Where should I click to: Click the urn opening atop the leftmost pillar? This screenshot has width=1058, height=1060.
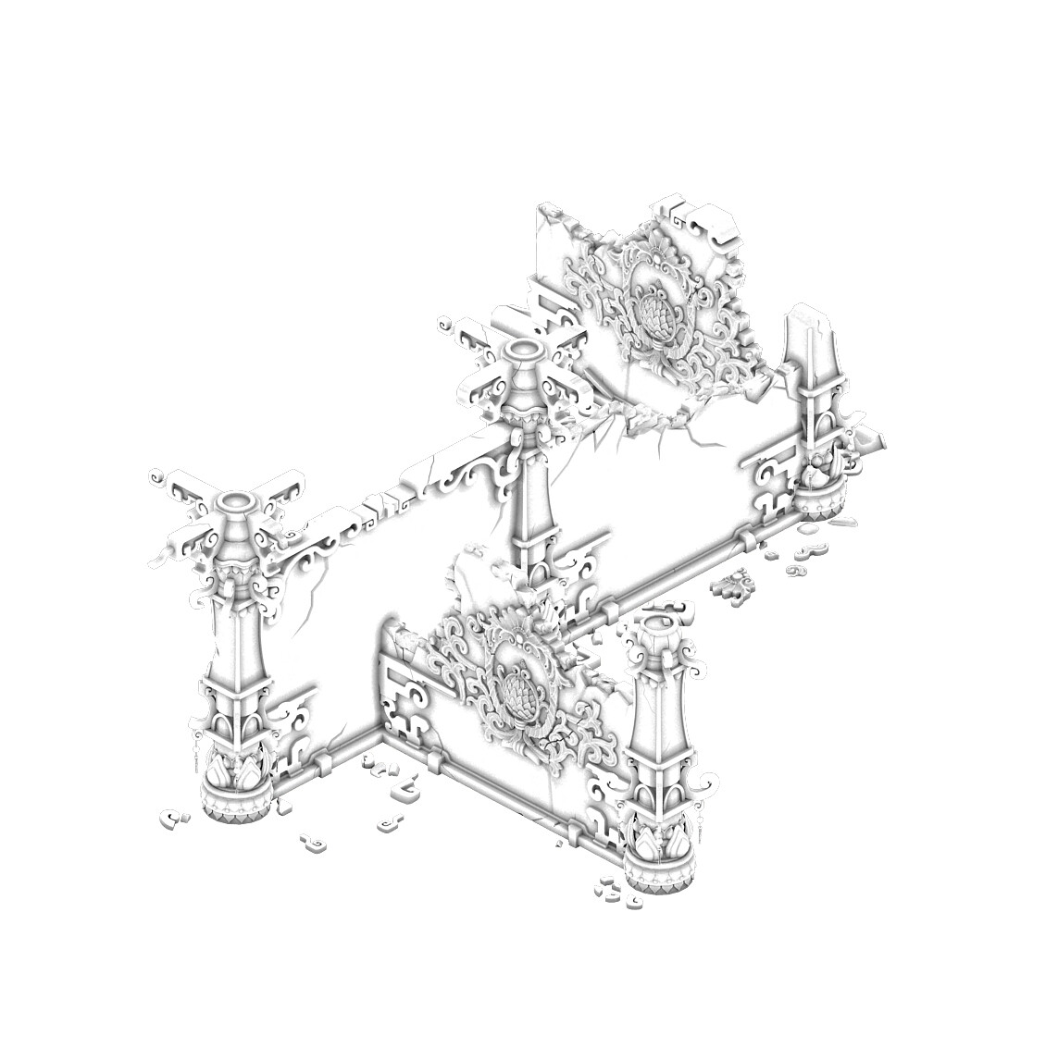238,502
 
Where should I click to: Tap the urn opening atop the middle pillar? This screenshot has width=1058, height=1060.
523,350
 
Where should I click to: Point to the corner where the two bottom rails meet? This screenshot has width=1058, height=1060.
380,732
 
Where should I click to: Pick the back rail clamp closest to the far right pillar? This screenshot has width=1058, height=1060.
745,537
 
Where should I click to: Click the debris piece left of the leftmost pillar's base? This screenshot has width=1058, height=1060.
171,818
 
